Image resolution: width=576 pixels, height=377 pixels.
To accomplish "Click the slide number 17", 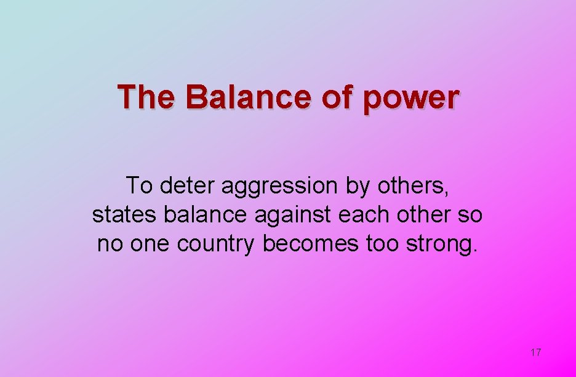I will point(535,352).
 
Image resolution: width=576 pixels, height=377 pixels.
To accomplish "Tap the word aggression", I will point(280,186).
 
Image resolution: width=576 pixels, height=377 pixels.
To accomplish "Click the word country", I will point(215,245).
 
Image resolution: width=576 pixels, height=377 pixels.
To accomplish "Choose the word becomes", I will point(310,244).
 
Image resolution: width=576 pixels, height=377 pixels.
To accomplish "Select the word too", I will point(382,244).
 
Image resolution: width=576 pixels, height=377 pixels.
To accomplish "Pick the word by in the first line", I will point(357,186).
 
